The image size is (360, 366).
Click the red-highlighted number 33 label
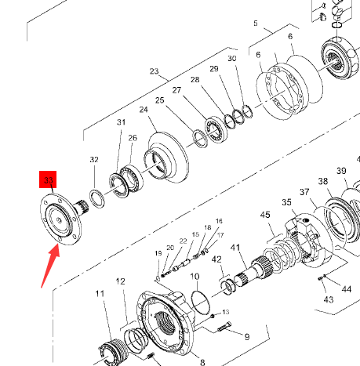click(48, 179)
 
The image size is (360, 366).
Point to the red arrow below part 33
click(51, 265)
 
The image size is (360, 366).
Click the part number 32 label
click(94, 159)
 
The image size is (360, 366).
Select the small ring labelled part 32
click(97, 199)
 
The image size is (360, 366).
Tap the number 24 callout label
click(144, 110)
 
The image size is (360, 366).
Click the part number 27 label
click(176, 90)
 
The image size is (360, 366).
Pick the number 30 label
click(232, 59)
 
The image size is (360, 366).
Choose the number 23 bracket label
click(155, 71)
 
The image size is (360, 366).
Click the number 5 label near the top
click(256, 24)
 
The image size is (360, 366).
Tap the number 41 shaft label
click(235, 248)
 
